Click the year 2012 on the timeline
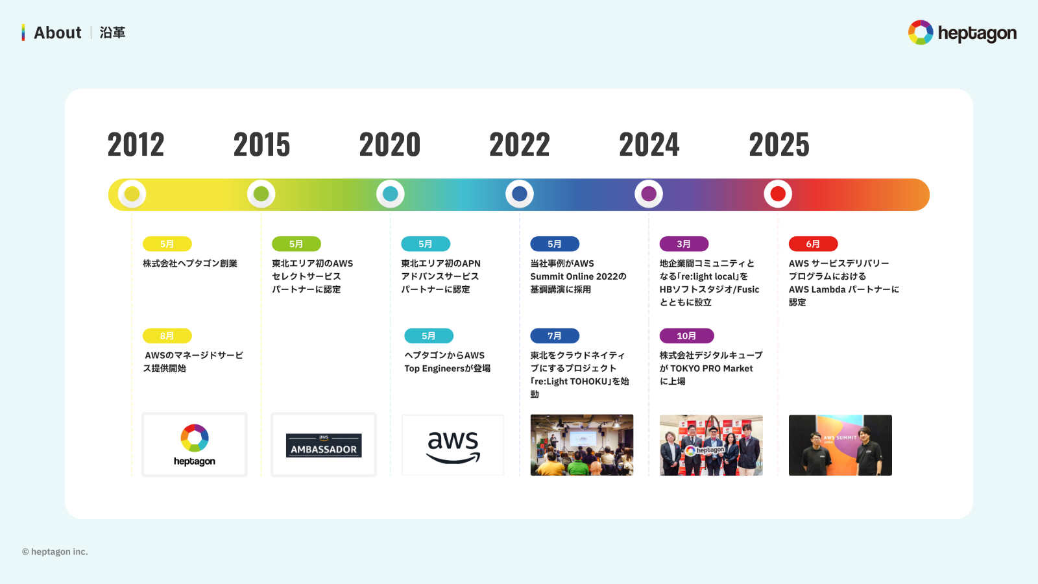pos(136,144)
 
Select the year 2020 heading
pos(390,144)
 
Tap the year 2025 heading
pos(779,144)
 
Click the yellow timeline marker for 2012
pos(132,194)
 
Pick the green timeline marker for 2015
pos(261,194)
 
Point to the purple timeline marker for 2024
pos(649,194)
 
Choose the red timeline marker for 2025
pos(778,194)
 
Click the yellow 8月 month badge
pos(167,335)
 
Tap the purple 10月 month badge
pos(686,335)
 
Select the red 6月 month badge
pos(813,244)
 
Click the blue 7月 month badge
pos(555,335)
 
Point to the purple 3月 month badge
pos(684,244)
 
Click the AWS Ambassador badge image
pos(324,445)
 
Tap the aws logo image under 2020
pos(453,445)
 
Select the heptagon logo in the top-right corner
pos(962,32)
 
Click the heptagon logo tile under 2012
pos(195,445)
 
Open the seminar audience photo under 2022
pos(582,445)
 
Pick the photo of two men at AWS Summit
pos(840,445)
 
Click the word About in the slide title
pos(58,32)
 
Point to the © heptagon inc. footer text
pos(55,552)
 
